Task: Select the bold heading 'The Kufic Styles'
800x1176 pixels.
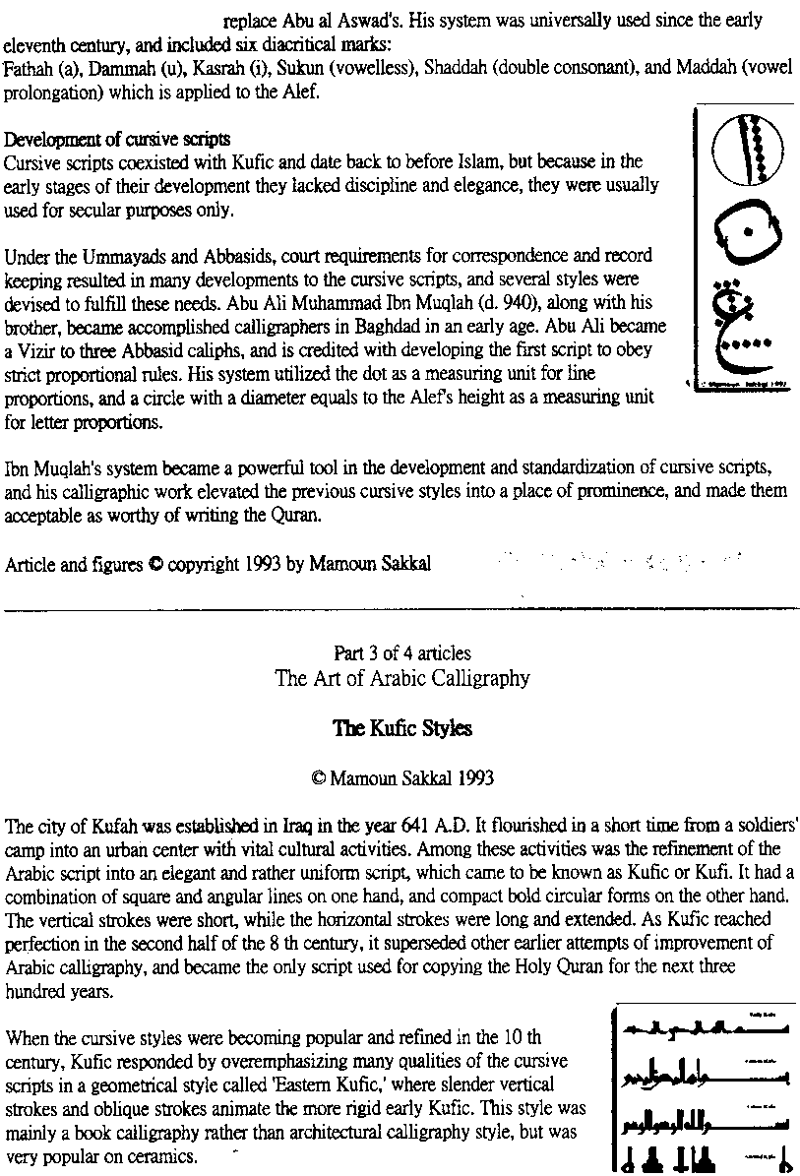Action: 402,729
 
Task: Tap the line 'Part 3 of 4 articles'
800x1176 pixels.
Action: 401,653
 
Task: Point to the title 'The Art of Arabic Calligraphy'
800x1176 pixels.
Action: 402,678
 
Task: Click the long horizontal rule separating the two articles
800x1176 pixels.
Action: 401,610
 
